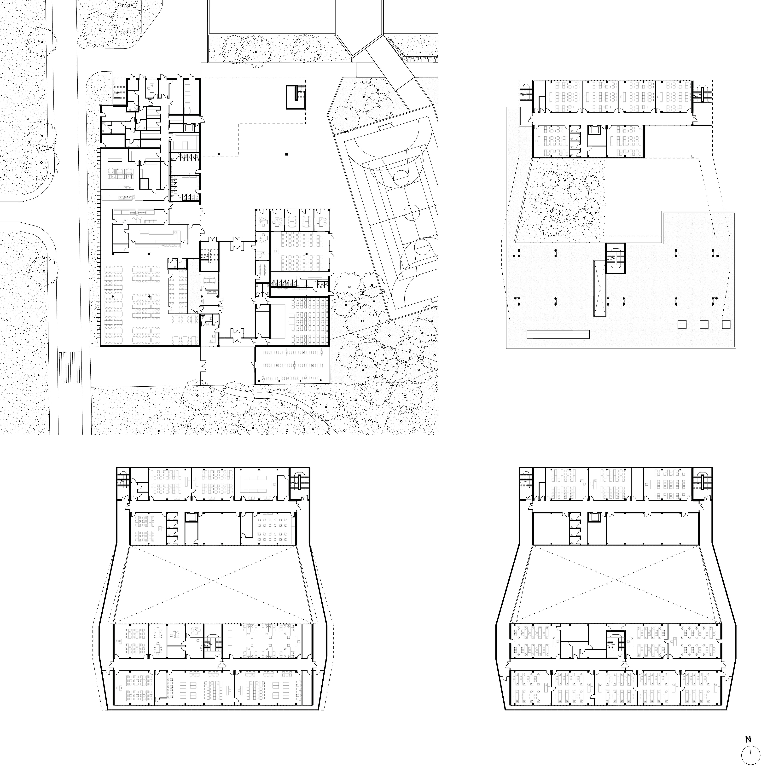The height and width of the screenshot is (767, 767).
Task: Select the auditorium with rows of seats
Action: click(x=300, y=322)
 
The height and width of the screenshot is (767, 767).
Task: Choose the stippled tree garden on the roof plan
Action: click(x=566, y=198)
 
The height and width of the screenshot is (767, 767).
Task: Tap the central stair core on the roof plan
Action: click(x=615, y=258)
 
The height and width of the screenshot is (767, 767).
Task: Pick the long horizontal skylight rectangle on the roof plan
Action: click(x=558, y=335)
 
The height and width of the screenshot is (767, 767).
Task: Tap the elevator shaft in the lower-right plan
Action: click(x=594, y=518)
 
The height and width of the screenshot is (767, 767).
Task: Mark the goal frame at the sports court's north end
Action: click(x=385, y=128)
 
